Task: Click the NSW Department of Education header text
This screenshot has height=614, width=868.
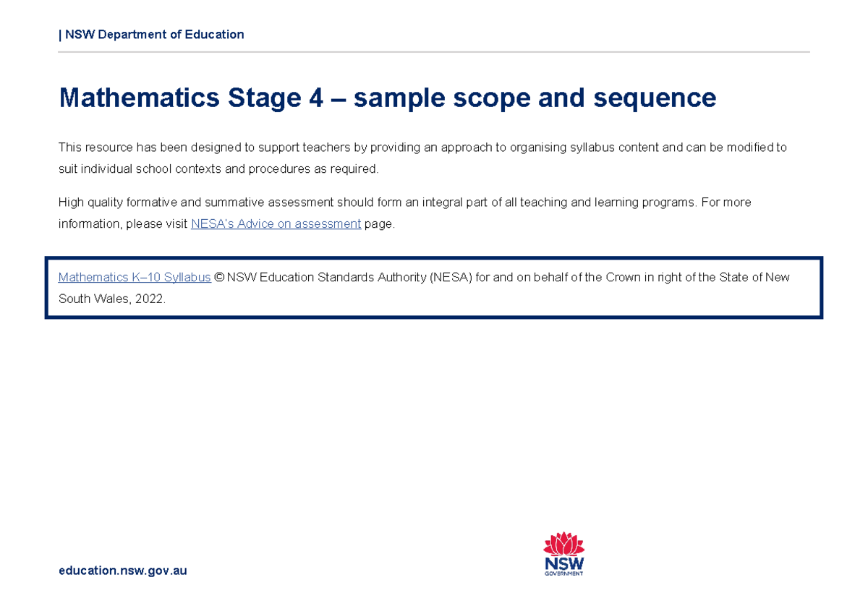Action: click(x=154, y=35)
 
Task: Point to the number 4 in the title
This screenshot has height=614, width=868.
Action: click(x=315, y=98)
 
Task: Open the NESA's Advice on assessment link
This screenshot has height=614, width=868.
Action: click(x=276, y=224)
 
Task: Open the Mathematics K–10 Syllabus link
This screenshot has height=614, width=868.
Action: click(x=135, y=278)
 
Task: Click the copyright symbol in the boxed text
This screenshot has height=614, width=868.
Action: click(x=219, y=278)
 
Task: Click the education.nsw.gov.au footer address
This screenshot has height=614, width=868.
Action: click(x=123, y=571)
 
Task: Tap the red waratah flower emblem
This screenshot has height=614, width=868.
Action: click(x=564, y=545)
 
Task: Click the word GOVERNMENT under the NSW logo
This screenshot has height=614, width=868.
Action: click(x=564, y=574)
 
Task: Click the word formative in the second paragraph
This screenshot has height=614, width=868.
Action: click(x=148, y=202)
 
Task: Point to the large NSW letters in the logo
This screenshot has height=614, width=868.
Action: click(x=564, y=563)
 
